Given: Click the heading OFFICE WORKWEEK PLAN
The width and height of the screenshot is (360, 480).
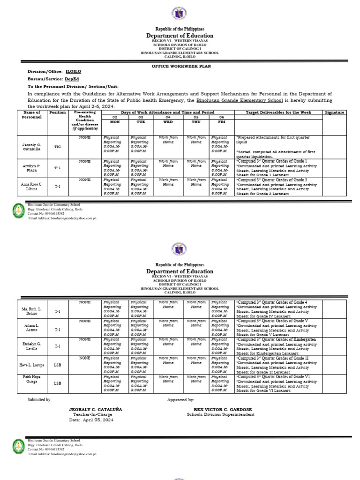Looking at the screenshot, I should coord(180,67).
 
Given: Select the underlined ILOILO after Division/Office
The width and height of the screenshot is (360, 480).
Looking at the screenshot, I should coord(73,73).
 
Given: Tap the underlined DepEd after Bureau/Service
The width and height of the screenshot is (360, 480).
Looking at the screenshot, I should coord(72,80).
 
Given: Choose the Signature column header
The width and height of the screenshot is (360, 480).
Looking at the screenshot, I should coord(334,112).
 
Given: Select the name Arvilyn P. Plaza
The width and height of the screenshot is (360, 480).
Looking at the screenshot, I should coord(32,169).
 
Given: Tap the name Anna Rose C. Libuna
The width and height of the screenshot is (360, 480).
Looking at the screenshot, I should coord(32,187).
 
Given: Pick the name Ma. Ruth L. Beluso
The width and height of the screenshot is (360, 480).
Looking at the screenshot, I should coord(32,311).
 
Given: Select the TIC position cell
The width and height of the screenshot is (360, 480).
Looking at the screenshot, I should coord(57,147).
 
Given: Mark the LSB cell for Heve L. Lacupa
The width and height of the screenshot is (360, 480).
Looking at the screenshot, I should coord(57,365).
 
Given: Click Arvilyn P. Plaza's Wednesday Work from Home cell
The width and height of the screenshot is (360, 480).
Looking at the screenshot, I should coord(168,164).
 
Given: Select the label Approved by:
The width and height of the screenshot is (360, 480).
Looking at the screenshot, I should coord(180,400).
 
